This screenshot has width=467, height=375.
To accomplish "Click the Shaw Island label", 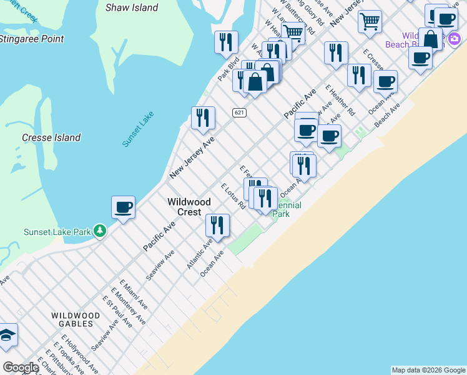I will pyautogui.click(x=131, y=7).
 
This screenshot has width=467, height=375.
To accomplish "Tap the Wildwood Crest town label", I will pyautogui.click(x=189, y=207).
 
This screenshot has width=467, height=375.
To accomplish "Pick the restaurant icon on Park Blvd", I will pyautogui.click(x=225, y=42).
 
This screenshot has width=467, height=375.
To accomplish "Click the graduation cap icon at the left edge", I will pyautogui.click(x=7, y=336).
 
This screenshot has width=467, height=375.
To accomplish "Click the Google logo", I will pyautogui.click(x=21, y=367).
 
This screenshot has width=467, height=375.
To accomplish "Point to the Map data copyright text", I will pyautogui.click(x=428, y=370).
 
